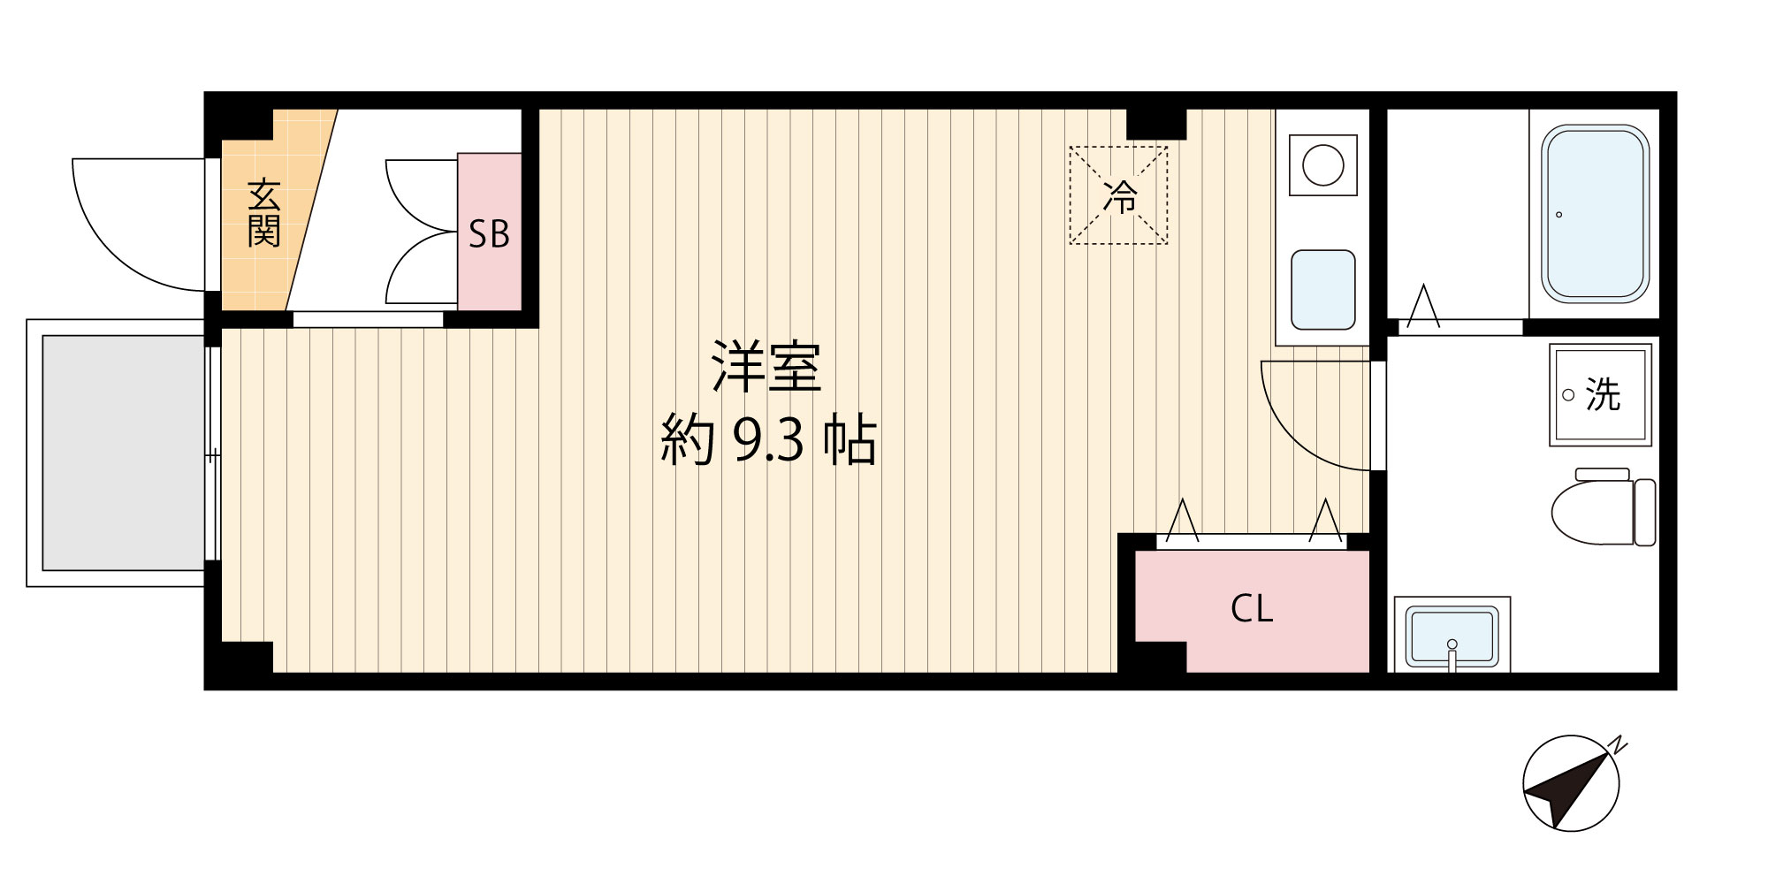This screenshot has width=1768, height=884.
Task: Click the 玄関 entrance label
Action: [x=263, y=213]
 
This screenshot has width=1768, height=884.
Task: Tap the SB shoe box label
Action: [x=489, y=234]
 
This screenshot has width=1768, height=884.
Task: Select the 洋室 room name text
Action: [x=766, y=366]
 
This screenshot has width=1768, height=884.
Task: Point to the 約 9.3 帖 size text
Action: [x=768, y=440]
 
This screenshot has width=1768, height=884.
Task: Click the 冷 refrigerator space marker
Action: [x=1119, y=196]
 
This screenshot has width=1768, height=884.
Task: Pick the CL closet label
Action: [x=1252, y=608]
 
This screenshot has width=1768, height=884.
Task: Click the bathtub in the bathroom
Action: [x=1595, y=214]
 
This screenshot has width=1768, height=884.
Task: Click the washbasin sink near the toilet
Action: [x=1452, y=635]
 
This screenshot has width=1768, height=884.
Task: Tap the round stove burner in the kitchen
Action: [x=1322, y=165]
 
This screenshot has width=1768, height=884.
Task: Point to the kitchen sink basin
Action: [x=1322, y=290]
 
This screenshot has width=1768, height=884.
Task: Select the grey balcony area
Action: [x=124, y=453]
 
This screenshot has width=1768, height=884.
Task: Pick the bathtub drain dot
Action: [x=1558, y=215]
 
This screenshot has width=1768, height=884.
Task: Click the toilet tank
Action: [x=1644, y=513]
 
